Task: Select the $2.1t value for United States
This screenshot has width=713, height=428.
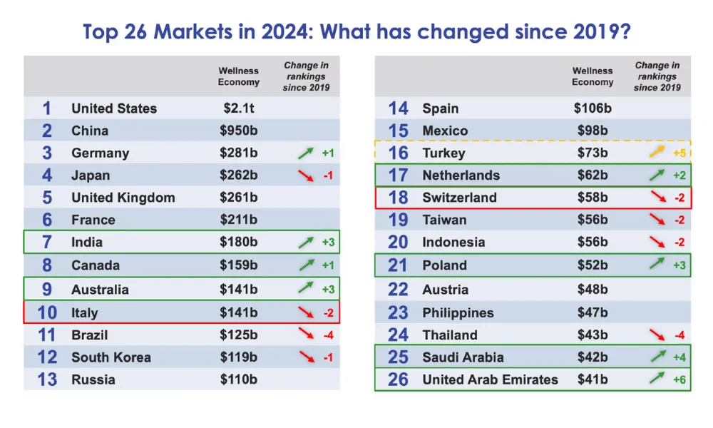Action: (x=238, y=108)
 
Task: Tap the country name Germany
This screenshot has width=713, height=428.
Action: (x=100, y=153)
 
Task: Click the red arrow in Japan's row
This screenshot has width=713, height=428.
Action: (x=306, y=175)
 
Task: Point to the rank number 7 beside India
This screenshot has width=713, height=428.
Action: (x=47, y=243)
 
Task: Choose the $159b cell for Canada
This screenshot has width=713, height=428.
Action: (x=238, y=265)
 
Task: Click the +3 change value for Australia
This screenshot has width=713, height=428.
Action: (x=328, y=290)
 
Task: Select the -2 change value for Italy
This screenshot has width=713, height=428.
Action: (x=328, y=312)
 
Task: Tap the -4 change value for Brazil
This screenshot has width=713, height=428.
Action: (x=328, y=335)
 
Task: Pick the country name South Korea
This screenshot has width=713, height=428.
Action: (x=111, y=357)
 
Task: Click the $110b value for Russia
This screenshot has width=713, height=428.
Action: (x=238, y=379)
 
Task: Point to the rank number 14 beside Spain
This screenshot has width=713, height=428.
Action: (x=398, y=108)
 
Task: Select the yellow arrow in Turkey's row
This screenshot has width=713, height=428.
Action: (x=657, y=153)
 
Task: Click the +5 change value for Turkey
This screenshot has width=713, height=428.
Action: (x=679, y=153)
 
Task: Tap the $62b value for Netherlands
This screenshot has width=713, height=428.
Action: (x=593, y=175)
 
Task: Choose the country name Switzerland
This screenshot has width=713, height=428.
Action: (x=459, y=198)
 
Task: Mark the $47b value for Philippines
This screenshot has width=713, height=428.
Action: (x=593, y=312)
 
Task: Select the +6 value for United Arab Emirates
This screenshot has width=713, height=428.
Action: (x=679, y=379)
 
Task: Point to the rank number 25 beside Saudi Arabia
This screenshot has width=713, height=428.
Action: (x=398, y=357)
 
